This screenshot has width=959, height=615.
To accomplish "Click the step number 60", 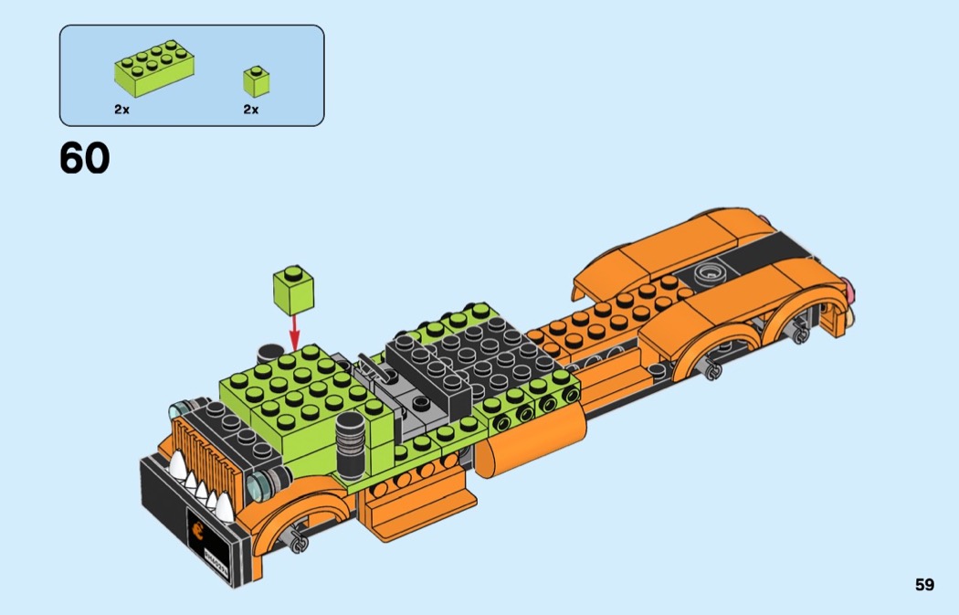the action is coord(84,158).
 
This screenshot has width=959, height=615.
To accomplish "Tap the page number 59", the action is coord(924,585).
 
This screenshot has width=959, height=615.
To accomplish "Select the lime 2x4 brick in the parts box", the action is coord(154,68).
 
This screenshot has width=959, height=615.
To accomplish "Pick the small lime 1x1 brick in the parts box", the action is coord(257,82).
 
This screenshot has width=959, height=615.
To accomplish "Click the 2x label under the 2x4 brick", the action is coord(121,110).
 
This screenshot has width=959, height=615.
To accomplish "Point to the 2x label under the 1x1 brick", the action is coord(251,110).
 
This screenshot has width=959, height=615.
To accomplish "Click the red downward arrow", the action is coord(295,333).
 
